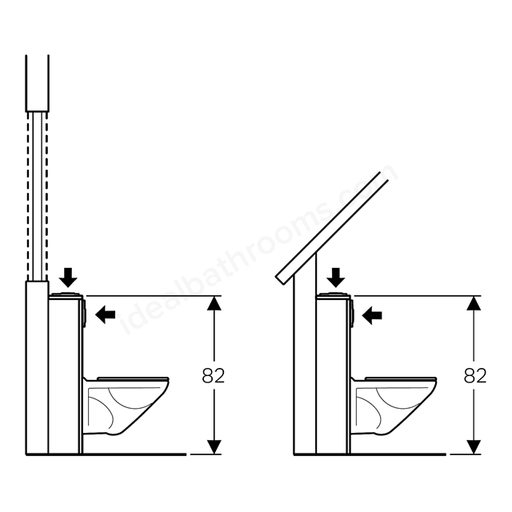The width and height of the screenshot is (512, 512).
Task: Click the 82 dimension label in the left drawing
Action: [214, 375]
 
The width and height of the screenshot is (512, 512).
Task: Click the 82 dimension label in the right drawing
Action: [475, 375]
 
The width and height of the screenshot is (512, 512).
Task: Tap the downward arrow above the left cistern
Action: [68, 278]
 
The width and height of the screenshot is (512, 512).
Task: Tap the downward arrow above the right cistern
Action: [336, 278]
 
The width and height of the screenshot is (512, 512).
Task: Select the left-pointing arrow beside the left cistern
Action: [105, 314]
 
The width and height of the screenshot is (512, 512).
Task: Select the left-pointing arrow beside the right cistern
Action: [372, 315]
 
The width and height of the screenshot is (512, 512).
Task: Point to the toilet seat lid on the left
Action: [133, 378]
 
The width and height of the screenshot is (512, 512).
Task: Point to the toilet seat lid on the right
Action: [401, 378]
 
